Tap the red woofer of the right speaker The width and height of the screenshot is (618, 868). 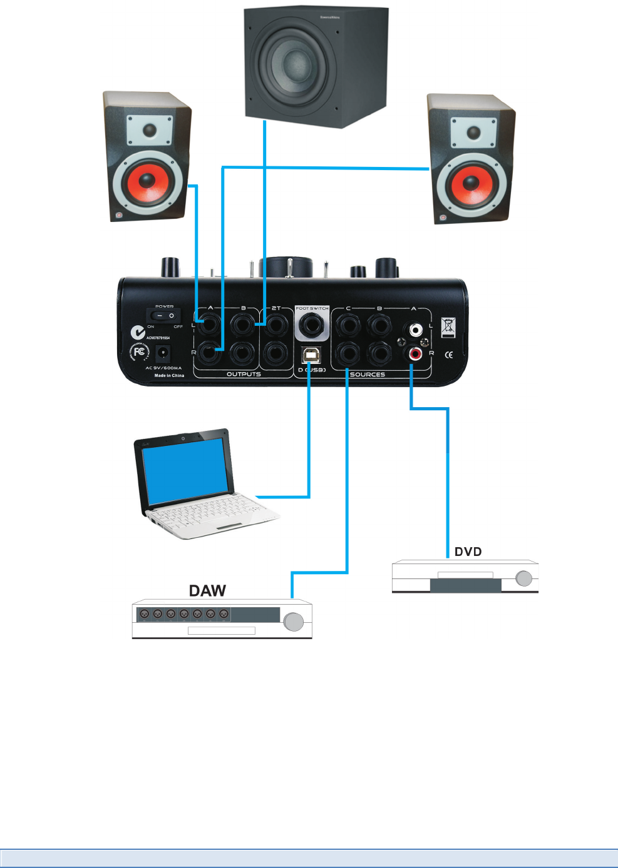[x=471, y=184]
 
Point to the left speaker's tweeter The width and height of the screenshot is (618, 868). [x=150, y=130]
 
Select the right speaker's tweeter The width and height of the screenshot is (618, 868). [x=474, y=133]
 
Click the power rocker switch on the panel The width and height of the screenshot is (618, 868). [x=165, y=316]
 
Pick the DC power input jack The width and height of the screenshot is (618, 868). [x=163, y=353]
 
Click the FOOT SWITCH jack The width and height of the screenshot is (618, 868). [x=311, y=325]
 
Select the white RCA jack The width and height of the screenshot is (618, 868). [x=415, y=329]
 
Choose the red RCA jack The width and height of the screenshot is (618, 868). [x=415, y=355]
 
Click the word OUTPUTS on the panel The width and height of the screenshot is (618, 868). [x=244, y=374]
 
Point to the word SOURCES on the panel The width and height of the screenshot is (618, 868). [x=368, y=375]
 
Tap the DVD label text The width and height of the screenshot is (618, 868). [x=468, y=552]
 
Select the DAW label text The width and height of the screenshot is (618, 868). [x=207, y=591]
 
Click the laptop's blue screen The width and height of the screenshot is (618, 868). [x=185, y=471]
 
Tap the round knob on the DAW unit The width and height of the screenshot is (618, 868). [x=294, y=622]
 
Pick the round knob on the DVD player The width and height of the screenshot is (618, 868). [x=524, y=578]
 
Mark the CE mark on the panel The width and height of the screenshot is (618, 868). [x=448, y=355]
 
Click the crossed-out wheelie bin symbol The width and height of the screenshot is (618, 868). [x=448, y=327]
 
